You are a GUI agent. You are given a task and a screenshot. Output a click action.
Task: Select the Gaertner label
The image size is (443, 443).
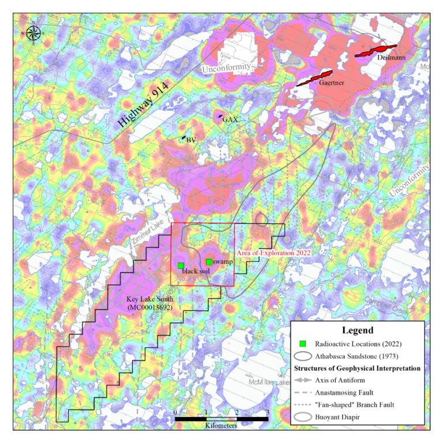tap(331, 83)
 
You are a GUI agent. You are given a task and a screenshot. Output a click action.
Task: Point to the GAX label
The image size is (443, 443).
tap(231, 119)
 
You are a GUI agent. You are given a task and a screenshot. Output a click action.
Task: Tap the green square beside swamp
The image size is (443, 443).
tap(209, 262)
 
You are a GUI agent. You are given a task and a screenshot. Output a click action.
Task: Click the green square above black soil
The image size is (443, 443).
tap(181, 265)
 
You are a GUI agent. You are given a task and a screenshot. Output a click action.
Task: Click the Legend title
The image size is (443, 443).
tap(358, 331)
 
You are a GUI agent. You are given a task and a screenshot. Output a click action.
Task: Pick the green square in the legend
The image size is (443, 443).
tap(303, 344)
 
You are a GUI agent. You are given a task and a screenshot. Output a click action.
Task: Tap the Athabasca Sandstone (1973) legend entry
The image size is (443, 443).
tap(358, 355)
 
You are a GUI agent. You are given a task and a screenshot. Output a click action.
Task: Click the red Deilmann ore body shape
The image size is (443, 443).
tap(376, 51)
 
